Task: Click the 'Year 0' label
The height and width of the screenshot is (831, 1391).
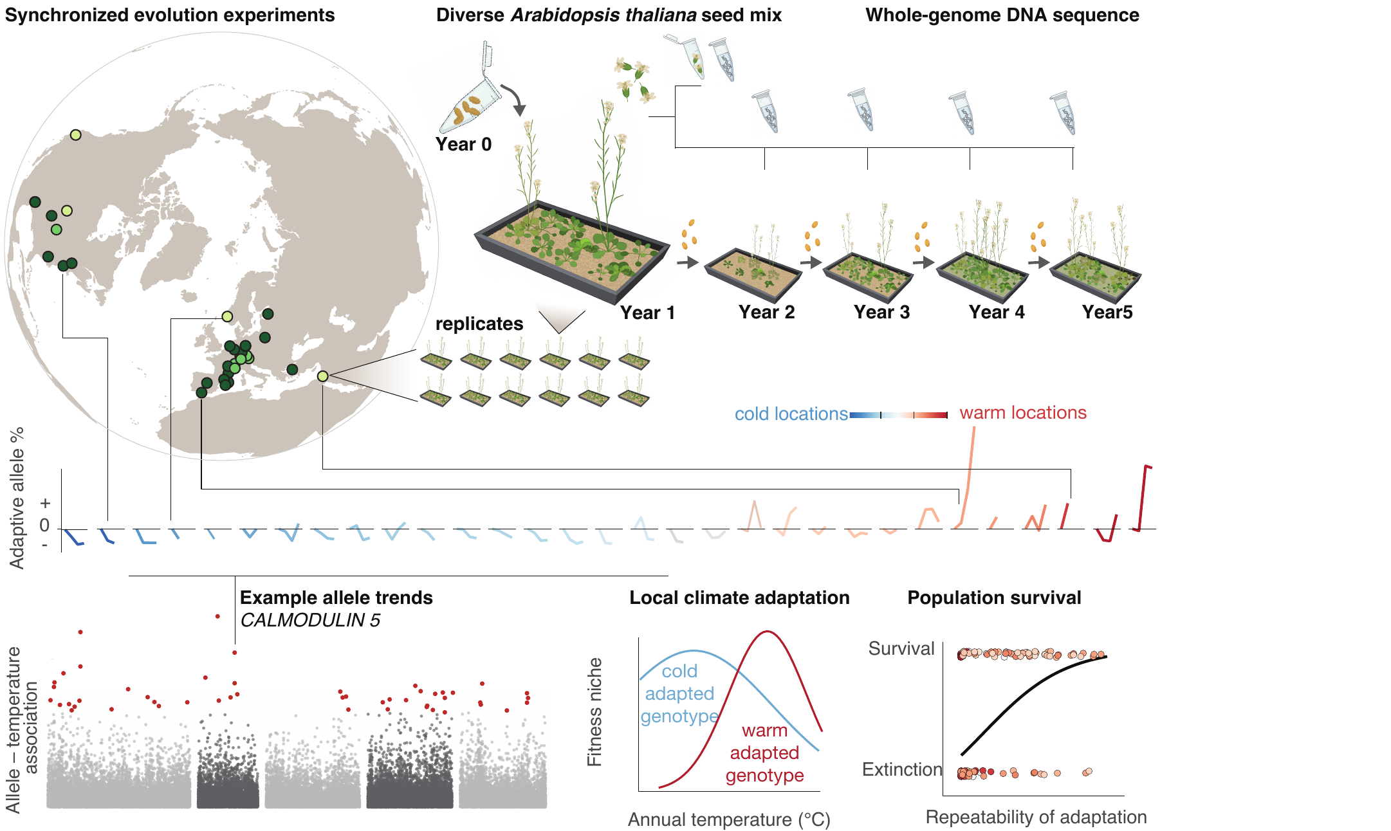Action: click(463, 144)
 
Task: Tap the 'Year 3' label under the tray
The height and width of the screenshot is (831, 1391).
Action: click(881, 312)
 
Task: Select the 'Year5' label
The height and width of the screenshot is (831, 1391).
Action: click(1107, 312)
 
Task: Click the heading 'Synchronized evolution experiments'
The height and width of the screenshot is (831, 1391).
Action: click(170, 15)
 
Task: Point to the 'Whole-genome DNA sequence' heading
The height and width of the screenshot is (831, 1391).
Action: click(1002, 15)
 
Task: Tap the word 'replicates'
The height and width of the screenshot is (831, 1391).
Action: click(479, 324)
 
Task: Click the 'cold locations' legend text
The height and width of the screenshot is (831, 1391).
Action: click(791, 414)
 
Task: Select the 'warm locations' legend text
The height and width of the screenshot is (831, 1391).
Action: click(1023, 412)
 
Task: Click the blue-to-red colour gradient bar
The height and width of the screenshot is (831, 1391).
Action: click(899, 415)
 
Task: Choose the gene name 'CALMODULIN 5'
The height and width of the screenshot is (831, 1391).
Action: click(310, 620)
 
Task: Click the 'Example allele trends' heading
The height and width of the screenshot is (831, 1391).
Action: click(336, 598)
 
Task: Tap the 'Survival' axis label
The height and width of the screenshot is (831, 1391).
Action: click(901, 648)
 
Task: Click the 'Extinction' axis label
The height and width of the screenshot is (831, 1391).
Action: click(902, 769)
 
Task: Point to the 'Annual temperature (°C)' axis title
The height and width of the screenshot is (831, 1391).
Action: click(729, 819)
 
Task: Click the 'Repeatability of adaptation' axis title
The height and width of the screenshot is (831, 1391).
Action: click(1036, 817)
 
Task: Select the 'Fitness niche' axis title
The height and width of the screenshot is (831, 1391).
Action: click(594, 712)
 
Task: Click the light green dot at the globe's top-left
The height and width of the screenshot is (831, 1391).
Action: click(75, 135)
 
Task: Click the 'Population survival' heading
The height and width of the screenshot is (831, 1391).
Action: click(994, 598)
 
